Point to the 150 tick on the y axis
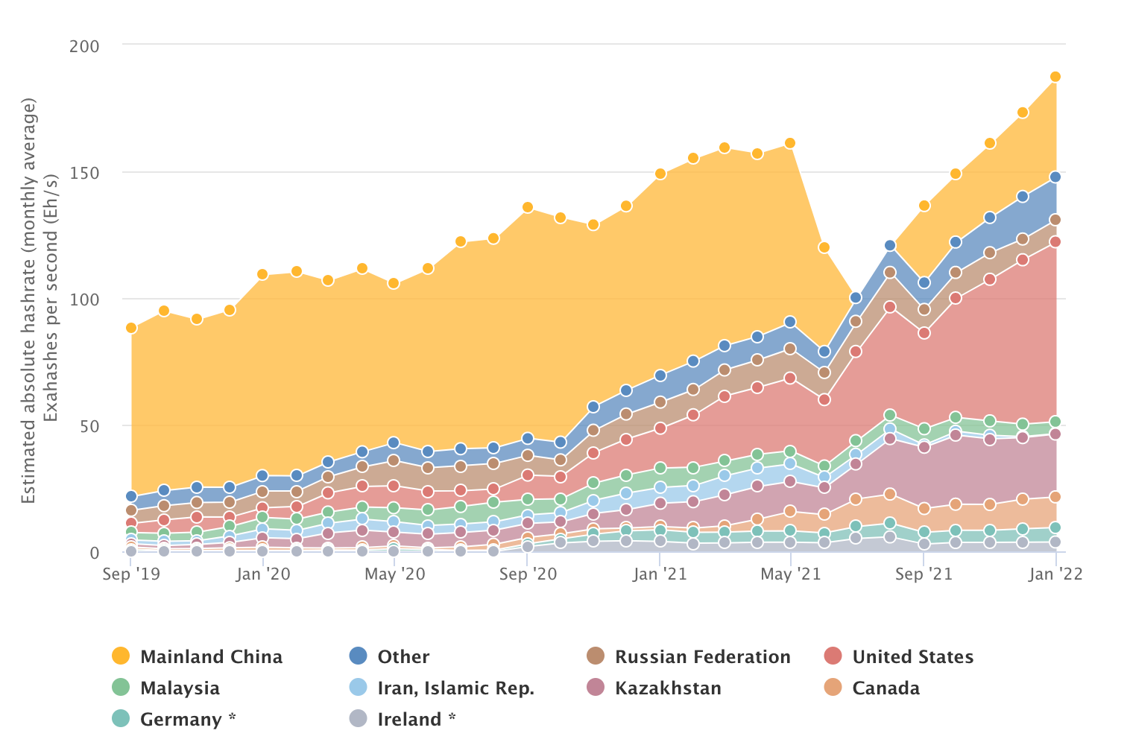tap(84, 172)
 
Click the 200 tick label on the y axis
tap(84, 45)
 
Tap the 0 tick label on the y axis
tap(94, 553)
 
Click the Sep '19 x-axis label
tap(131, 574)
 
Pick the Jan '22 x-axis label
tap(1055, 574)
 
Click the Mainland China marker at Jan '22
tap(1055, 77)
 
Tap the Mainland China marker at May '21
tap(790, 143)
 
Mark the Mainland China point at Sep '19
tap(131, 328)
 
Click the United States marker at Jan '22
tap(1055, 241)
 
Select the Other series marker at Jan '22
tap(1055, 177)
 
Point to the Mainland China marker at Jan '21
tap(660, 174)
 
